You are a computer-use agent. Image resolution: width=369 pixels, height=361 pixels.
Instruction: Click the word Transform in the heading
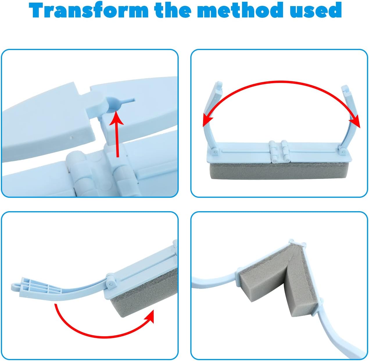(89, 10)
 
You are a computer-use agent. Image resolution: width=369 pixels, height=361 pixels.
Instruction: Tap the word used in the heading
(316, 10)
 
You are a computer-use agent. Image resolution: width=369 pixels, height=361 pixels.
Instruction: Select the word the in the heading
(173, 10)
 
